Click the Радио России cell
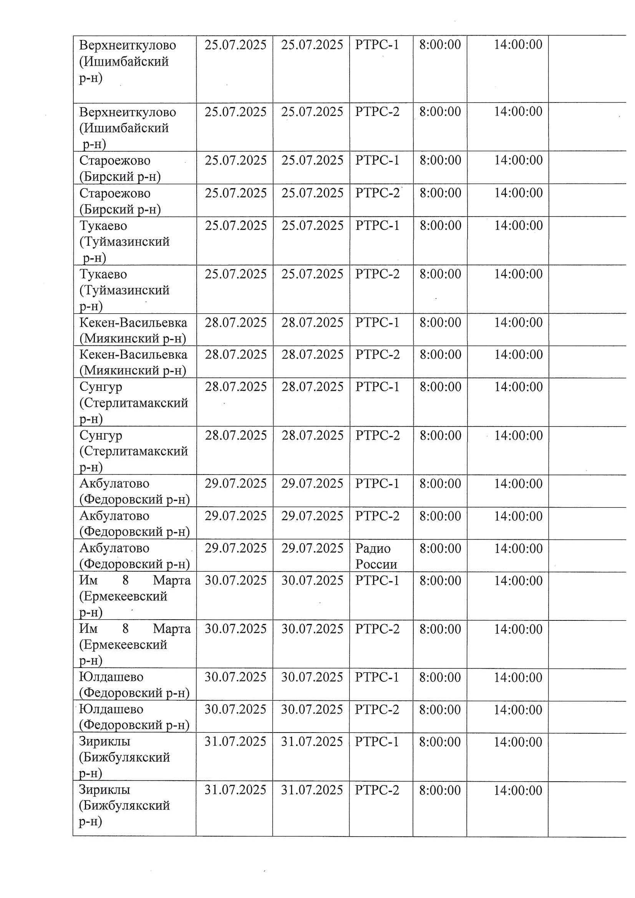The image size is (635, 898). [x=376, y=556]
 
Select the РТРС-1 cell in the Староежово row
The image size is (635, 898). [x=377, y=160]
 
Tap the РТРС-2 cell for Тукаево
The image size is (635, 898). [x=377, y=274]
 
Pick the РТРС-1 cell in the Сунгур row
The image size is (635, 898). [x=377, y=387]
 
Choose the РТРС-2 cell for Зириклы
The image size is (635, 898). [x=377, y=790]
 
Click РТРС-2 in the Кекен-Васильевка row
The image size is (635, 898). [x=377, y=355]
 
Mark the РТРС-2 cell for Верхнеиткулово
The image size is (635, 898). [x=377, y=112]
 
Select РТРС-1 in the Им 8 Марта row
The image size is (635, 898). [x=377, y=581]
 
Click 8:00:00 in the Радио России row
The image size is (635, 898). [x=440, y=549]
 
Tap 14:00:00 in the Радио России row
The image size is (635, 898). [x=518, y=549]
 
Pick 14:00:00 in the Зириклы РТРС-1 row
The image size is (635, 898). [x=517, y=742]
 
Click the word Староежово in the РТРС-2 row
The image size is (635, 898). [x=115, y=193]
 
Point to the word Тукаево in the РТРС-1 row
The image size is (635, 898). [x=103, y=226]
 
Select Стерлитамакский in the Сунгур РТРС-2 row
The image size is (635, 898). [x=133, y=451]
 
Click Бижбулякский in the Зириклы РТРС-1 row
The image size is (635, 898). [x=124, y=757]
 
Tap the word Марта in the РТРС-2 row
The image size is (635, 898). [x=172, y=629]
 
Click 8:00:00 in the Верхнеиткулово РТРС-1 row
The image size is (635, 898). [x=440, y=45]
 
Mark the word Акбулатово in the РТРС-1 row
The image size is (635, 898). [x=114, y=484]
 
